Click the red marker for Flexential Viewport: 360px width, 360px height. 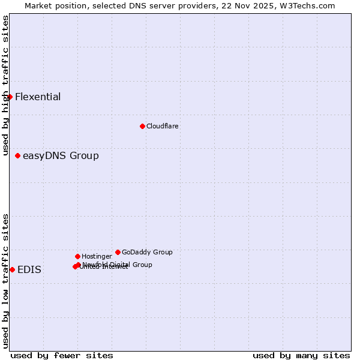[x=10, y=97]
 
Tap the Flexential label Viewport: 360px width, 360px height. [x=38, y=97]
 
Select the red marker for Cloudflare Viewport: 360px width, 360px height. [x=142, y=126]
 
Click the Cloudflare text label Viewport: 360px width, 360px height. [x=163, y=126]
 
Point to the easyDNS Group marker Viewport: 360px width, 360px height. [x=18, y=156]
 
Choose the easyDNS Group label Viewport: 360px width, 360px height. [x=61, y=156]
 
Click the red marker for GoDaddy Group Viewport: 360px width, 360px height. [x=118, y=252]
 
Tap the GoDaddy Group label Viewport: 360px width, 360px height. [x=147, y=252]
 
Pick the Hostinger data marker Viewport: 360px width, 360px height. [x=77, y=256]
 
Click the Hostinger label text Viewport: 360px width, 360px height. [x=97, y=256]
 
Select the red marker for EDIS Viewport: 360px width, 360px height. [x=12, y=269]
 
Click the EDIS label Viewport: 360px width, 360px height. [x=29, y=270]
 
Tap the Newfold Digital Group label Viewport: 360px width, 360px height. [x=118, y=264]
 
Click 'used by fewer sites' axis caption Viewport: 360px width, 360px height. [x=62, y=355]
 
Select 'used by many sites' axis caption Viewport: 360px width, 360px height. [x=301, y=355]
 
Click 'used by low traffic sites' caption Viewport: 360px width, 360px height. [x=5, y=281]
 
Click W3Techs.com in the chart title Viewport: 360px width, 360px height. [x=310, y=5]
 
